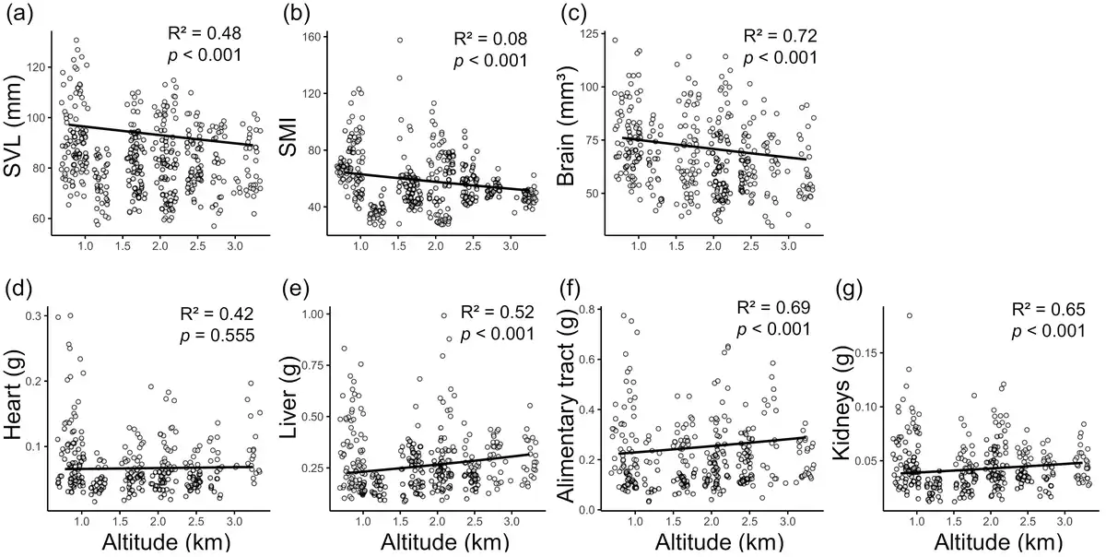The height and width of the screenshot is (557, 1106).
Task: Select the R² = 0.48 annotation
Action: pos(205,34)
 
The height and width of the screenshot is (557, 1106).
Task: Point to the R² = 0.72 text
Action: pos(781,36)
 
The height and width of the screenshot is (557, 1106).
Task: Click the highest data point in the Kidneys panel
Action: pos(909,315)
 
